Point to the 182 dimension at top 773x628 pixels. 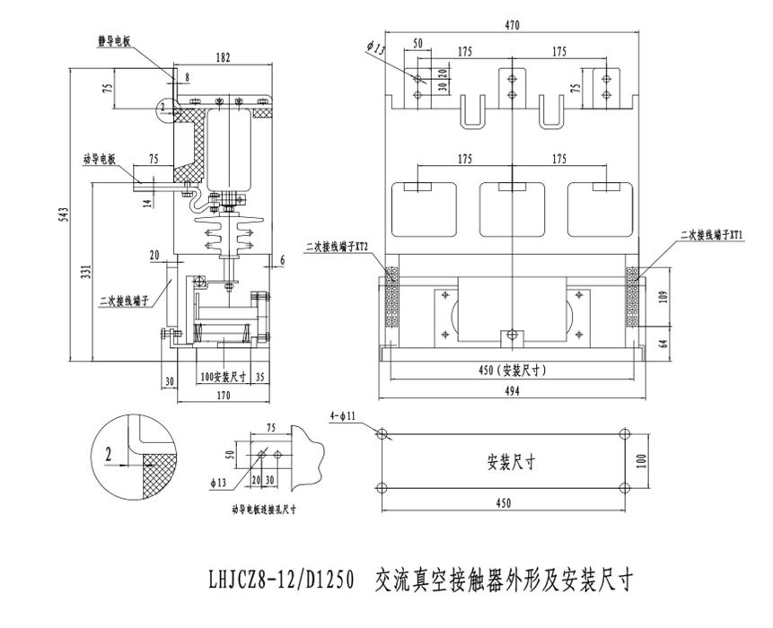(x=223, y=57)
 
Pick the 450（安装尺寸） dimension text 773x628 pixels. (x=511, y=370)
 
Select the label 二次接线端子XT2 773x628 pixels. (x=338, y=244)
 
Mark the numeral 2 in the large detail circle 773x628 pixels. (x=109, y=455)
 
